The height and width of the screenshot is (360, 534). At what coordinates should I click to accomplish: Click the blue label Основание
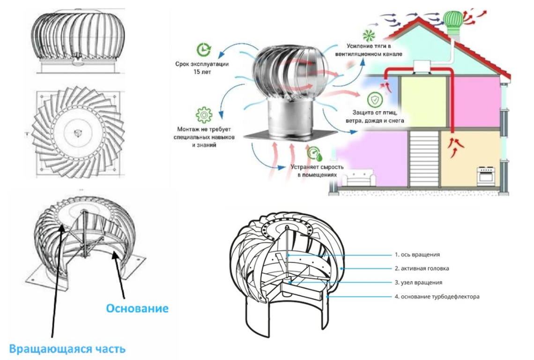point(137,308)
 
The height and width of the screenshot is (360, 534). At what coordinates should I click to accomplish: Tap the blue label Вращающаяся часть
point(67,349)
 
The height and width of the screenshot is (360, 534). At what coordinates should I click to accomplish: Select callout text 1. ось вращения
point(417,255)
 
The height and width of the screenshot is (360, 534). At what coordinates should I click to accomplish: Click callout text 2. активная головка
point(421,269)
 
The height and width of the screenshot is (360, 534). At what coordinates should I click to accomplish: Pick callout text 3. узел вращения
point(418,283)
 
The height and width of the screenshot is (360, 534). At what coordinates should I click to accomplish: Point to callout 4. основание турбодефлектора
point(437,297)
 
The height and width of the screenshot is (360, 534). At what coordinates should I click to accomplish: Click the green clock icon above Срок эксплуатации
point(203,49)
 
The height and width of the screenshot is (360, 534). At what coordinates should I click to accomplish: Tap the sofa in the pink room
point(356,180)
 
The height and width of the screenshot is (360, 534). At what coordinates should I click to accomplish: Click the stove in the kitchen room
point(484,176)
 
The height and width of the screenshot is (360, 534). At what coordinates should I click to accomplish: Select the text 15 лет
point(203,73)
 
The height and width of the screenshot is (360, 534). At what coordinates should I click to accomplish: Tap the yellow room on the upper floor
point(423,101)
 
